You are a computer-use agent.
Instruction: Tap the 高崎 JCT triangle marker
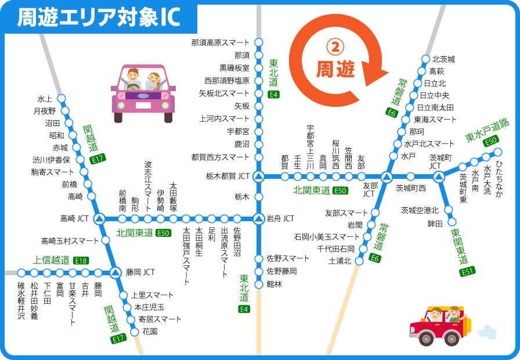click(99, 219)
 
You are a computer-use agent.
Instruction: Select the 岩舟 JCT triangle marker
click(259, 219)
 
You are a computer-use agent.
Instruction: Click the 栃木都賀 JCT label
click(228, 175)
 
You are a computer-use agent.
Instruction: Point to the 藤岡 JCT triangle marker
click(115, 272)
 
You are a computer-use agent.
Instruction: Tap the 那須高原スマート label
click(220, 42)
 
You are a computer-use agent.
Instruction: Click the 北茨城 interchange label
click(443, 59)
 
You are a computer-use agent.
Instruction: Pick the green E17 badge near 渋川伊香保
click(98, 158)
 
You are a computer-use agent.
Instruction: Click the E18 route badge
click(81, 261)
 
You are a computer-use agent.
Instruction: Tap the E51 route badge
click(468, 272)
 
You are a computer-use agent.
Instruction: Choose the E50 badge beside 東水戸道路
click(491, 140)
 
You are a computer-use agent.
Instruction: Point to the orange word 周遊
click(335, 70)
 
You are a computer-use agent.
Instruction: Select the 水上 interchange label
click(45, 98)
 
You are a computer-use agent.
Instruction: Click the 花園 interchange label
click(150, 332)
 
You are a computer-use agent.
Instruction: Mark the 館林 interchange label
click(274, 284)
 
